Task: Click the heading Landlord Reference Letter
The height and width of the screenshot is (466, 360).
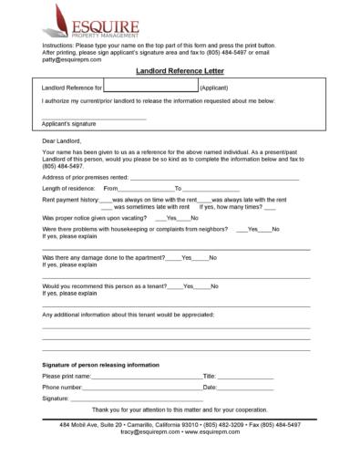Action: click(180, 69)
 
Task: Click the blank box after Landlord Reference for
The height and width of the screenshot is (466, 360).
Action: click(150, 87)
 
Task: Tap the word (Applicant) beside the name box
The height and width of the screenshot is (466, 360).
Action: click(214, 88)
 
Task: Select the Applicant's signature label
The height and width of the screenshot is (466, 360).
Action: click(69, 122)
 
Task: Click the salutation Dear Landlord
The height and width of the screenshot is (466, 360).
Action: click(62, 140)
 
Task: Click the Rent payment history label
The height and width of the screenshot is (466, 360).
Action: click(71, 199)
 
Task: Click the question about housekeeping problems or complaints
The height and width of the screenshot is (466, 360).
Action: click(135, 229)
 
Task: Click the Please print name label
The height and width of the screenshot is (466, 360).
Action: click(67, 376)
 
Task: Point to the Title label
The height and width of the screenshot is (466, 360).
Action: click(209, 376)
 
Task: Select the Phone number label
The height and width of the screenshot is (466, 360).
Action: click(63, 388)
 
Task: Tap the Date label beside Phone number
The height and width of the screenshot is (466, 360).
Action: click(210, 388)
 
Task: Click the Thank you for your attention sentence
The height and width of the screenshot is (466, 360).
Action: click(180, 409)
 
